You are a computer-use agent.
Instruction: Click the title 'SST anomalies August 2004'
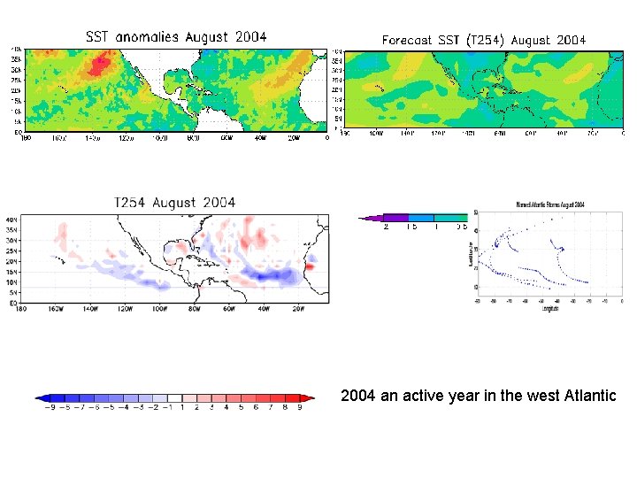coord(175,37)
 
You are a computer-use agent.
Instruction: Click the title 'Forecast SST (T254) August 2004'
coord(484,40)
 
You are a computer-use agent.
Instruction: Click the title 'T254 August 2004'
coord(174,202)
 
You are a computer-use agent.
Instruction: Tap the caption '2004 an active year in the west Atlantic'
coord(478,396)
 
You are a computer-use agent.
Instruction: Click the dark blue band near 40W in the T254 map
coord(270,277)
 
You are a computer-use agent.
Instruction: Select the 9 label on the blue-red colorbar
coord(299,408)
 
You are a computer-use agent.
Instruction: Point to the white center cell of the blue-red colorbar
coord(174,398)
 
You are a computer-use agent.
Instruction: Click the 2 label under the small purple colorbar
coord(387,227)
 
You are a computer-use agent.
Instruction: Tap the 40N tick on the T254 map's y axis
coord(12,219)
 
